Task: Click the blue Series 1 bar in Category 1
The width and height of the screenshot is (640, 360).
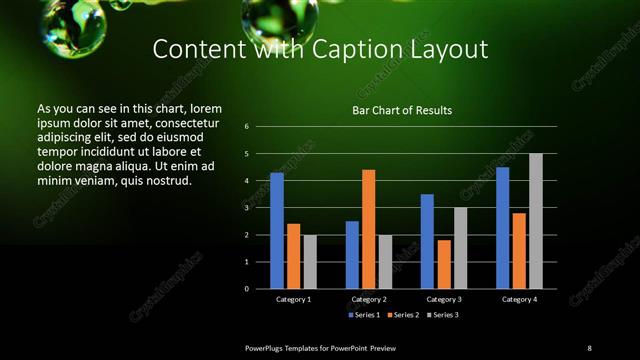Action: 277,230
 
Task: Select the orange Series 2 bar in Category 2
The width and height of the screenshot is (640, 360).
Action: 368,229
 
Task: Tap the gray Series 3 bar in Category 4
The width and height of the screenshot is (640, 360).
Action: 536,221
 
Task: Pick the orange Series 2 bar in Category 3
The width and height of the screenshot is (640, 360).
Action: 443,264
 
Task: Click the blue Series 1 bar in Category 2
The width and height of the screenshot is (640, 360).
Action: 352,254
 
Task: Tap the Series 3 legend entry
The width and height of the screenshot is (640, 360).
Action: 443,315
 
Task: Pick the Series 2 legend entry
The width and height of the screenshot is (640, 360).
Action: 404,315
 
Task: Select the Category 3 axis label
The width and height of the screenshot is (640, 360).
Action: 444,299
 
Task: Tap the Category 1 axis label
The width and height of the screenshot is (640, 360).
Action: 294,299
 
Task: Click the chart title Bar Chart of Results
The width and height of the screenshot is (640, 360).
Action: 402,110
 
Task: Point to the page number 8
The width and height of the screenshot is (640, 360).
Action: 589,347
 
